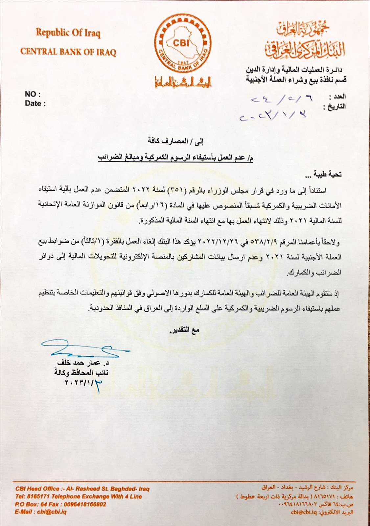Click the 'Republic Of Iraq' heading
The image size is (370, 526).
tap(68, 33)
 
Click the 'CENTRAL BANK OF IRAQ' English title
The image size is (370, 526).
tap(68, 52)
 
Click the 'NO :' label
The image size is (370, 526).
tap(33, 94)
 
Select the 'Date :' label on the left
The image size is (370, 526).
tap(35, 104)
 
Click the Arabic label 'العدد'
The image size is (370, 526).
tap(339, 97)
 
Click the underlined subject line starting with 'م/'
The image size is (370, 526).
tap(176, 158)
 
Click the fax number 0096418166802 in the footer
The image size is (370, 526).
tap(82, 504)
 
